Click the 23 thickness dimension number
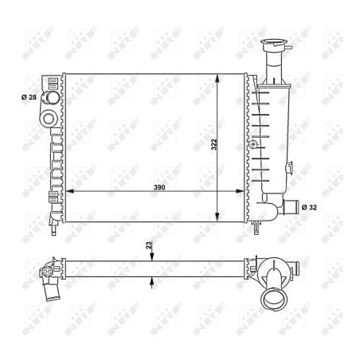click(x=148, y=247)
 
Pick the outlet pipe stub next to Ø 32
click(x=294, y=207)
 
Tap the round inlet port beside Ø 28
click(x=51, y=98)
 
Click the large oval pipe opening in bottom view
click(x=275, y=301)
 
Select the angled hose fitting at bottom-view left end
click(x=50, y=280)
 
